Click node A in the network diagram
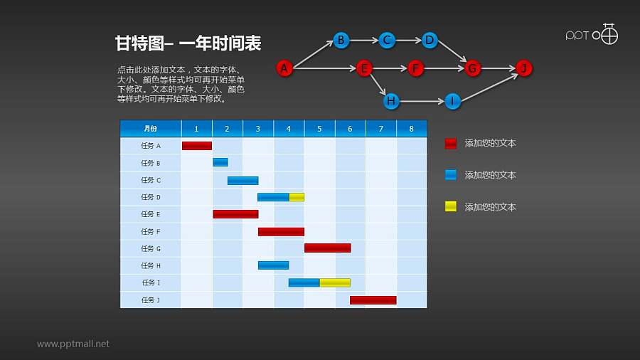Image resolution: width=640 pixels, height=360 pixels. click(x=284, y=68)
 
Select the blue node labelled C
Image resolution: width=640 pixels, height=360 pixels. click(x=386, y=40)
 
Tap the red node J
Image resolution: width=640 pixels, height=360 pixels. click(x=523, y=68)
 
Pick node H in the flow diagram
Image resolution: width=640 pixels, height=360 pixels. click(x=390, y=101)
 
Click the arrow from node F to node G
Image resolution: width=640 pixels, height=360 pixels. click(x=444, y=68)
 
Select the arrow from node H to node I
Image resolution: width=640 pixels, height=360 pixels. click(x=421, y=101)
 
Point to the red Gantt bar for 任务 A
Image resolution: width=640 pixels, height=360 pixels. click(x=197, y=146)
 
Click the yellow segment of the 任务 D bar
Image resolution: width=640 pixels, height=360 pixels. click(x=297, y=197)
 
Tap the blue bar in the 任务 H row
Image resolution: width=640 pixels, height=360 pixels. click(x=273, y=265)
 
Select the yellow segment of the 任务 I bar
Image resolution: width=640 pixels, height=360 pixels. click(x=334, y=282)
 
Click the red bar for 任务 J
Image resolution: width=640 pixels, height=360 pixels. click(x=373, y=300)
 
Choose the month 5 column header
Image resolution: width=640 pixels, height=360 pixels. click(x=319, y=129)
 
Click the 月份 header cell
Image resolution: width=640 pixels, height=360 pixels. click(x=151, y=129)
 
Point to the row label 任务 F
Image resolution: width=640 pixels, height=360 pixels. click(x=151, y=231)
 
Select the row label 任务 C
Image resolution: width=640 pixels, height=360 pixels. click(x=151, y=180)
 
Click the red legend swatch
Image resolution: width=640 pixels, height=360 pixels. click(x=450, y=144)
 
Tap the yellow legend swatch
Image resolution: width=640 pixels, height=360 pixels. click(x=450, y=207)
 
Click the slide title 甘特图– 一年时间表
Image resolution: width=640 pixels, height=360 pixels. click(x=188, y=43)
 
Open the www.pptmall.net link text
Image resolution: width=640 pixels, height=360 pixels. click(x=73, y=344)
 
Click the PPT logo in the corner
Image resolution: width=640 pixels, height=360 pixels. click(x=592, y=34)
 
